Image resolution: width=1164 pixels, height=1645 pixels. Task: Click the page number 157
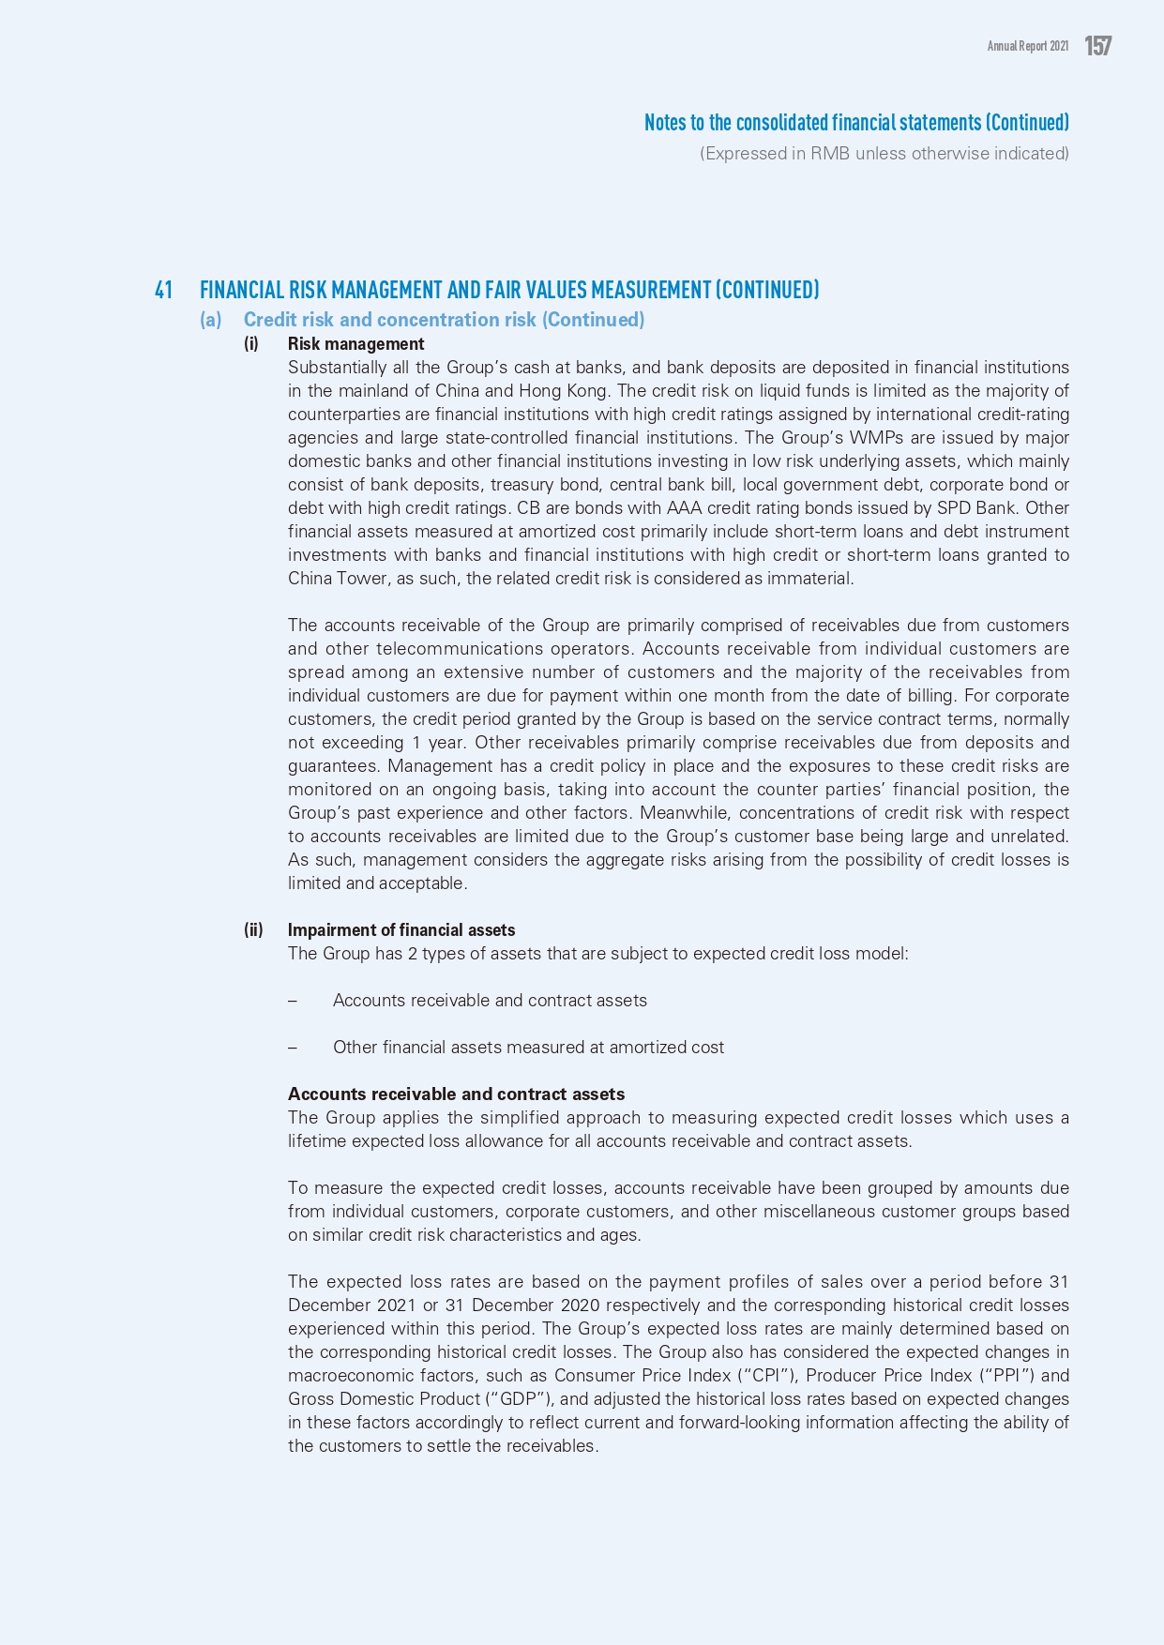pyautogui.click(x=1097, y=46)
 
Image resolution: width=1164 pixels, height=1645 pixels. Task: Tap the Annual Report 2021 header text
pyautogui.click(x=1027, y=46)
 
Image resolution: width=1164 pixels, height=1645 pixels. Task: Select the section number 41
pyautogui.click(x=163, y=290)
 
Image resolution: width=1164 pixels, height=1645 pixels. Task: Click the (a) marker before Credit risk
pyautogui.click(x=210, y=320)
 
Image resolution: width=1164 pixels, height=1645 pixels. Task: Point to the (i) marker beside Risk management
pyautogui.click(x=251, y=344)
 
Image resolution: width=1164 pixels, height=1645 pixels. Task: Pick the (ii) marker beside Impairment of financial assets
pyautogui.click(x=253, y=930)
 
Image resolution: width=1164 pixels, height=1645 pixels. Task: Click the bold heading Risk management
pyautogui.click(x=355, y=344)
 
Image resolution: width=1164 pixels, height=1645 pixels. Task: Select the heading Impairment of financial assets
pyautogui.click(x=401, y=930)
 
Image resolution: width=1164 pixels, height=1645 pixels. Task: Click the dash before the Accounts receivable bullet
pyautogui.click(x=293, y=1001)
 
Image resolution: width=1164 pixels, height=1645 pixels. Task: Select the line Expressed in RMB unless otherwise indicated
pyautogui.click(x=884, y=154)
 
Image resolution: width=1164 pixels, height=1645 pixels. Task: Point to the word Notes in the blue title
pyautogui.click(x=664, y=123)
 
